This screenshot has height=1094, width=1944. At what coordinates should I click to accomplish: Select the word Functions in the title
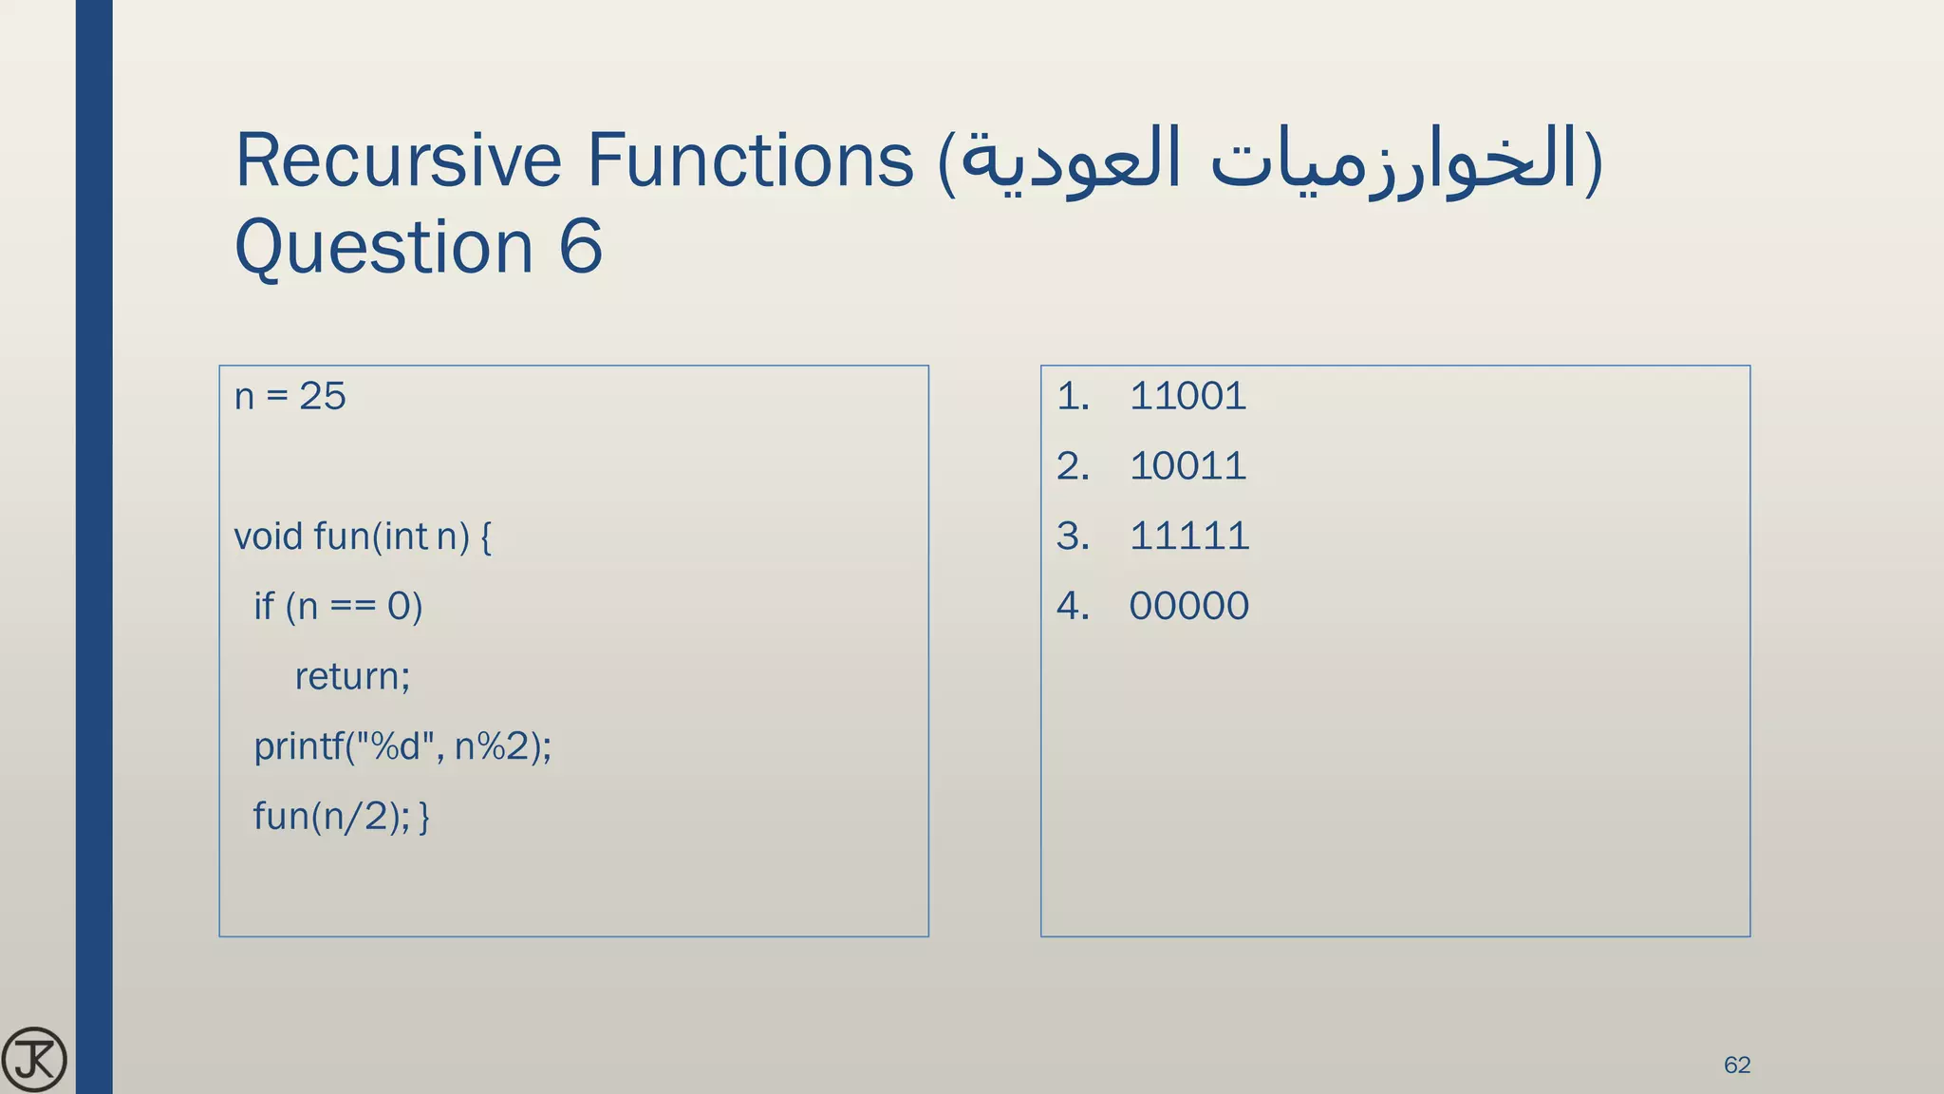click(x=750, y=160)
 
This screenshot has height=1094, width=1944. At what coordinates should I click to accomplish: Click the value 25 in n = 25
click(x=323, y=396)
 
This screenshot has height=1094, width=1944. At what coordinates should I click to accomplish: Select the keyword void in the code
click(x=268, y=537)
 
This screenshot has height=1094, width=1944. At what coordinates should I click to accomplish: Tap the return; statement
click(x=352, y=677)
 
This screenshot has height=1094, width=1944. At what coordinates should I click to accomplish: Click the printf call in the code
click(x=402, y=747)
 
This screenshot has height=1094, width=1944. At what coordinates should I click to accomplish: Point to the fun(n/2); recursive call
click(x=330, y=817)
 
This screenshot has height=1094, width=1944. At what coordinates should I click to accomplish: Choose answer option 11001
click(x=1187, y=396)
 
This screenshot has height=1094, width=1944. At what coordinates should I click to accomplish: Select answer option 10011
click(x=1187, y=466)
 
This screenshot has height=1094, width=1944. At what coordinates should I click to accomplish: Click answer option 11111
click(x=1188, y=537)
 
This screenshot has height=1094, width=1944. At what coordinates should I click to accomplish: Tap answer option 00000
click(x=1188, y=606)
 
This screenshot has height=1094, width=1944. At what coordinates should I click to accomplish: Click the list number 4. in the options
click(x=1073, y=606)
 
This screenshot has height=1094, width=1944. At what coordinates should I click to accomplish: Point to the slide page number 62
click(x=1736, y=1066)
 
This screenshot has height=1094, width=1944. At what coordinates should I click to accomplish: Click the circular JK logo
click(x=34, y=1059)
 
